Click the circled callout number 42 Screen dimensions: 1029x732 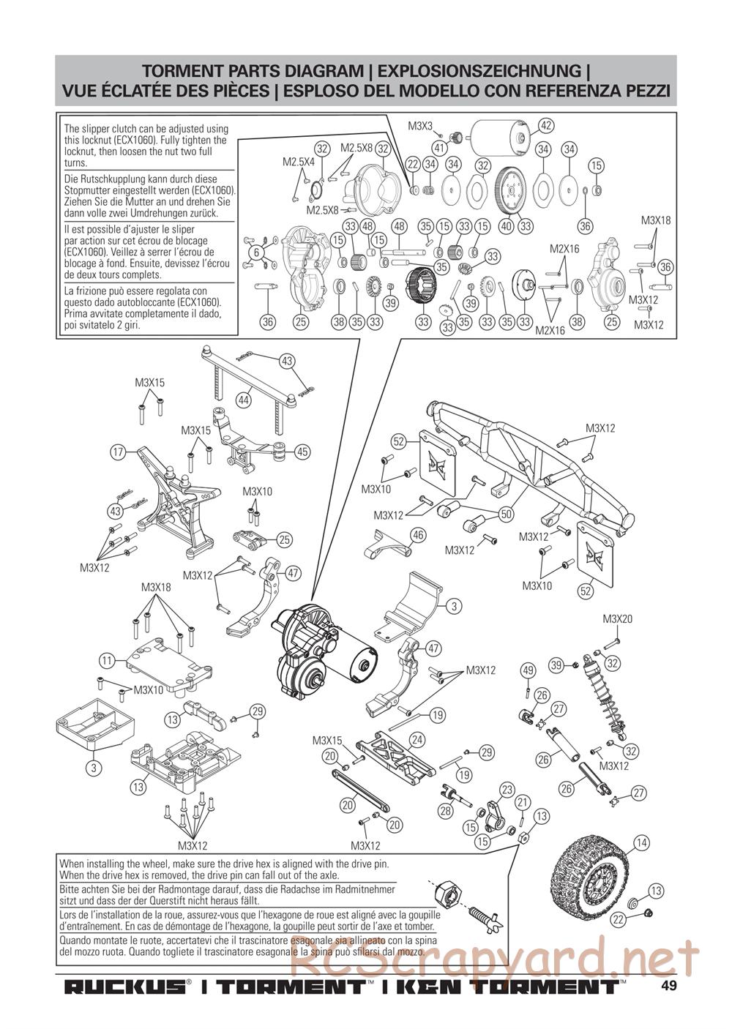coord(545,125)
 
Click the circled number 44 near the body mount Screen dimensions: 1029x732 coord(244,400)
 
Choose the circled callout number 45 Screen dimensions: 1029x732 coord(302,452)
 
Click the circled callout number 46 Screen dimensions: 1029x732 coord(418,535)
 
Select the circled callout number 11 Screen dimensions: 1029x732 coord(108,660)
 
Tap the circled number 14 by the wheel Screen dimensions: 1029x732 coord(641,843)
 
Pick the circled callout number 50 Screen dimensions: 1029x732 coord(506,514)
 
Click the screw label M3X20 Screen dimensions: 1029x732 coord(617,619)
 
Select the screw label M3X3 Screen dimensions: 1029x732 coord(421,127)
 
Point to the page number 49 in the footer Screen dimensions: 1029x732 coord(668,985)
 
